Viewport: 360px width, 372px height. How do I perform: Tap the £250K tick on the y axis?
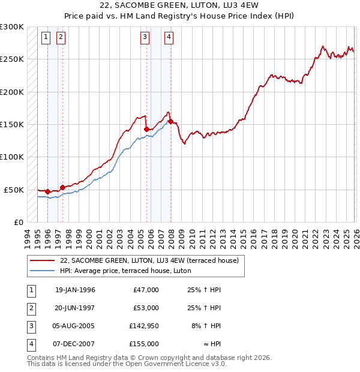12,59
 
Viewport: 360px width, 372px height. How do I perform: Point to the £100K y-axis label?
12,157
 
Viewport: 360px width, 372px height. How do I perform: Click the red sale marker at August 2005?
146,129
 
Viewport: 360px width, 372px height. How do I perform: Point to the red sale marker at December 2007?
171,122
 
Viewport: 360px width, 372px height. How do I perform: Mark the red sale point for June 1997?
62,187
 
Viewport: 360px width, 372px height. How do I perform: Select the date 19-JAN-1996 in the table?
75,290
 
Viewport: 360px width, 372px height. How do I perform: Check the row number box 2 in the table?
30,308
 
